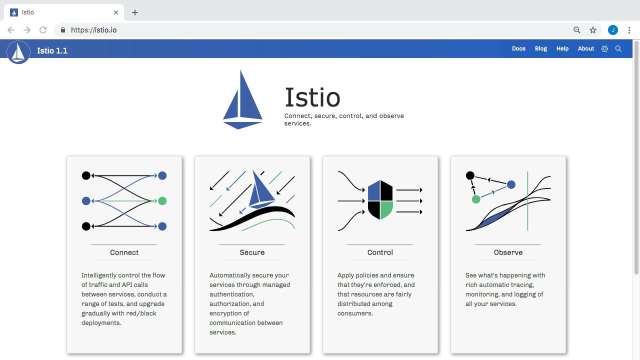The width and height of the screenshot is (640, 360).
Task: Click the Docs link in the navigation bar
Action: pyautogui.click(x=518, y=48)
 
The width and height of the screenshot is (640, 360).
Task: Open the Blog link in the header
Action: pyautogui.click(x=541, y=48)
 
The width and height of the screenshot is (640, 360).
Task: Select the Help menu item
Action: pyautogui.click(x=562, y=48)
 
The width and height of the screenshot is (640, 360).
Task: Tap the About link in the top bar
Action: pyautogui.click(x=585, y=48)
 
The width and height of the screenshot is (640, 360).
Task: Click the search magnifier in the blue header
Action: pyautogui.click(x=618, y=49)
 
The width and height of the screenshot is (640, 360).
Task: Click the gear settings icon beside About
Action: pyautogui.click(x=604, y=49)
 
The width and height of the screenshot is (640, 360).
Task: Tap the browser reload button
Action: pyautogui.click(x=43, y=30)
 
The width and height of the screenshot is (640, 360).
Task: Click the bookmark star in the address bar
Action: pyautogui.click(x=593, y=30)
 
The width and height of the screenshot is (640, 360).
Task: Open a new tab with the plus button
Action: pyautogui.click(x=135, y=12)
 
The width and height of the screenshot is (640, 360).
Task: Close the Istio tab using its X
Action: pyautogui.click(x=115, y=12)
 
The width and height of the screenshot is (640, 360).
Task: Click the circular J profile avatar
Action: pyautogui.click(x=613, y=30)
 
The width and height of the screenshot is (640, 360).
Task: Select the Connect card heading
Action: pyautogui.click(x=124, y=252)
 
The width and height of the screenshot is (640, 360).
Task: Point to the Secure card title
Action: pyautogui.click(x=252, y=252)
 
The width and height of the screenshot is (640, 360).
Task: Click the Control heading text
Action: pyautogui.click(x=380, y=252)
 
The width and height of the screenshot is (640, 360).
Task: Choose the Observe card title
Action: pyautogui.click(x=508, y=252)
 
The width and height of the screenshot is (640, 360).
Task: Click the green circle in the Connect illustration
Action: pyautogui.click(x=162, y=201)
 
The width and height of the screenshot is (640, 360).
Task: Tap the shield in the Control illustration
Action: pyautogui.click(x=380, y=199)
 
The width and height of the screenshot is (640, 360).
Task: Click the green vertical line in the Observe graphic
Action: pyautogui.click(x=527, y=201)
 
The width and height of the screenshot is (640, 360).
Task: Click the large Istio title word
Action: pyautogui.click(x=312, y=97)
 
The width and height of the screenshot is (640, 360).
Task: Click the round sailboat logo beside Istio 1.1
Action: pyautogui.click(x=18, y=52)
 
